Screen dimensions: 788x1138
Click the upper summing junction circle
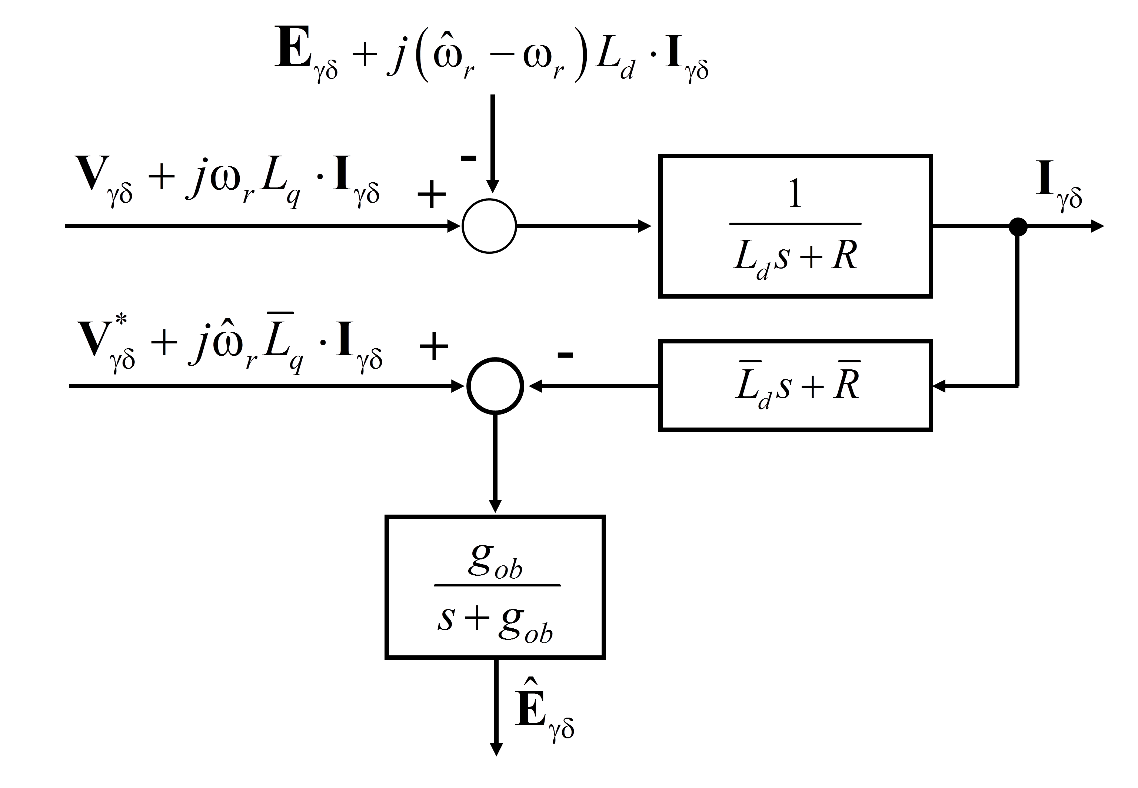[489, 226]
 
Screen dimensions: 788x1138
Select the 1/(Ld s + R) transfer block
[795, 226]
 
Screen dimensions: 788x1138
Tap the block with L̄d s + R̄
[795, 386]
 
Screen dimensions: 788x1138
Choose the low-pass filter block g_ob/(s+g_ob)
[495, 587]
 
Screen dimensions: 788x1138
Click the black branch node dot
[1018, 227]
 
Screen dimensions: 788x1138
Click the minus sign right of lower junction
[565, 355]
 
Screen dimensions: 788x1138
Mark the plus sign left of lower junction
[433, 347]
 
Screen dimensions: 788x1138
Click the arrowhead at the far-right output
[1097, 227]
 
